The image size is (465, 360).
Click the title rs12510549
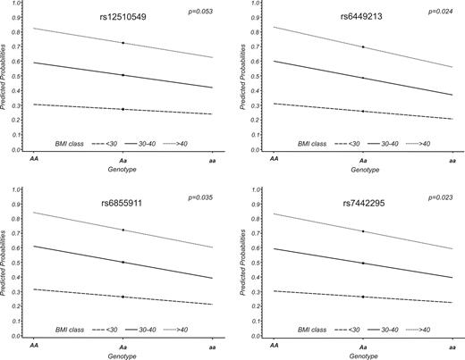click(x=123, y=17)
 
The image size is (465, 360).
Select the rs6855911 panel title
click(x=123, y=205)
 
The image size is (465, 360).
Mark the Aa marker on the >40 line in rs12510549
click(x=123, y=43)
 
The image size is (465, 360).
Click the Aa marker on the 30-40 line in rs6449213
click(x=363, y=78)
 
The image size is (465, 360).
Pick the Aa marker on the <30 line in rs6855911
click(x=123, y=297)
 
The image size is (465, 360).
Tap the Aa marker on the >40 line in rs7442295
click(x=363, y=231)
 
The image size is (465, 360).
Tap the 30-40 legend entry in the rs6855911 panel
click(x=136, y=329)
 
